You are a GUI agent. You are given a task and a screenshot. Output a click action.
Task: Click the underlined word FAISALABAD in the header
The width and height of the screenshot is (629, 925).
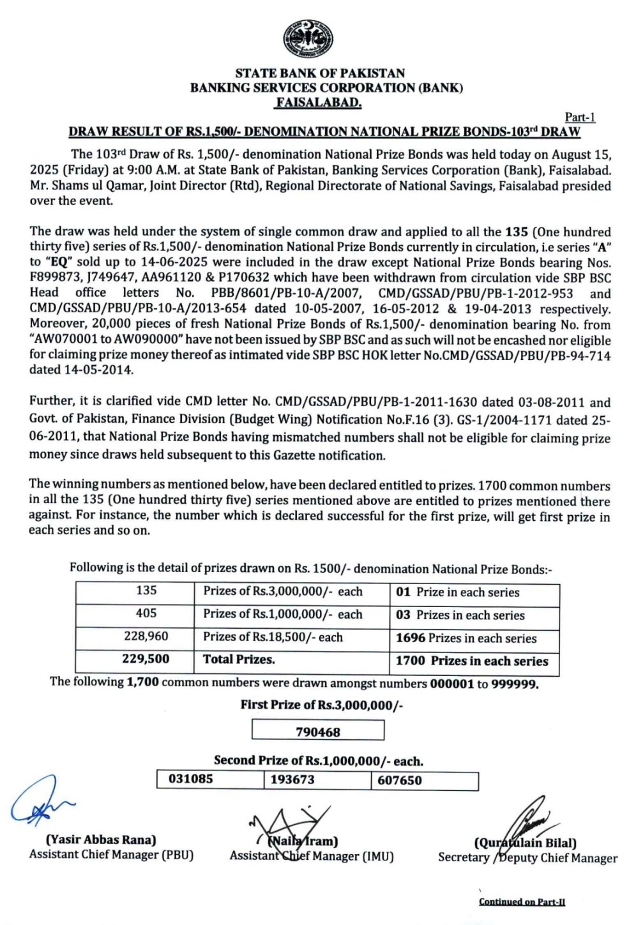319,102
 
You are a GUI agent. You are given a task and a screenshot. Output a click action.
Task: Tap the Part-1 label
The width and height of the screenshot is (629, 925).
580,117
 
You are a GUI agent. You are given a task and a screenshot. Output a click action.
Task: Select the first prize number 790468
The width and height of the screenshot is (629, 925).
318,732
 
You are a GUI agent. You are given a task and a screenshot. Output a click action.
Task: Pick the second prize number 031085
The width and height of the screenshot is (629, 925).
190,779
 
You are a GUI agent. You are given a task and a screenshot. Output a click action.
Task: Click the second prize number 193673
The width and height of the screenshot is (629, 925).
292,779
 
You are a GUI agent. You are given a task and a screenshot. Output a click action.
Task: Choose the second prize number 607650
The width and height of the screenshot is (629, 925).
400,780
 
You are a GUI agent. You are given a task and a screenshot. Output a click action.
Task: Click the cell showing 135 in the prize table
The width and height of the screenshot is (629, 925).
146,590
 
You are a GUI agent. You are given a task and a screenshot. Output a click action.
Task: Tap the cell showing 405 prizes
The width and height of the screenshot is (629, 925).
146,613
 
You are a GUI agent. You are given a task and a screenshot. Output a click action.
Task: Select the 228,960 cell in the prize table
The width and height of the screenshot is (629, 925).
146,636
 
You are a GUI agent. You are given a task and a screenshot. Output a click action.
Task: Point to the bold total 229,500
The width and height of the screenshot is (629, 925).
146,659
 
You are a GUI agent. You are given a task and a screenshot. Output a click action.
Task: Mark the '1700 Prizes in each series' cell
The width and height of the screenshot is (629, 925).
472,661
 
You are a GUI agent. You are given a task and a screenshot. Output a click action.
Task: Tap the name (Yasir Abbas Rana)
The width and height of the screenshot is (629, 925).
101,839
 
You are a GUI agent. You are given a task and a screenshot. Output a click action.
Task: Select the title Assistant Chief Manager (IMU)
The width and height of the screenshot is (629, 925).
312,856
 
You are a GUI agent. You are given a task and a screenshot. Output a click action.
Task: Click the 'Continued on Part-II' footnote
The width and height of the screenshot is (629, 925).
522,901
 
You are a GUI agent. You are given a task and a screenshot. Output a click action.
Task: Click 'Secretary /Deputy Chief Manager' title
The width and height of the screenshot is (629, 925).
527,858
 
